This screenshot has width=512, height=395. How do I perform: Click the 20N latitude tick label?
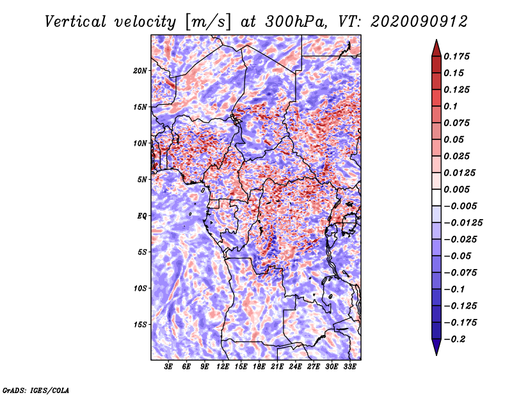click(140, 71)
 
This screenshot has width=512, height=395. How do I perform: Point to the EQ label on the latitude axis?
click(142, 216)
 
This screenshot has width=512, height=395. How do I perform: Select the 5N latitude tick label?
click(142, 180)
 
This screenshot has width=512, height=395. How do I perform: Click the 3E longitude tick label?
click(168, 366)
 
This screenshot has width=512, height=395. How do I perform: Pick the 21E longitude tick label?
click(277, 366)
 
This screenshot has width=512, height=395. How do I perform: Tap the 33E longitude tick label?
click(349, 366)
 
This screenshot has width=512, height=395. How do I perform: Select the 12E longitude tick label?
click(223, 366)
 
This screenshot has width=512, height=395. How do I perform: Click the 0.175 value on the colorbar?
click(456, 56)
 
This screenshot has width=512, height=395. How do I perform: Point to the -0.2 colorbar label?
click(454, 339)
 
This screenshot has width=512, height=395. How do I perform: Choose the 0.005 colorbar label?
click(456, 189)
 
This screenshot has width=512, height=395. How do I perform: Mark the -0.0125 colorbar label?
click(463, 223)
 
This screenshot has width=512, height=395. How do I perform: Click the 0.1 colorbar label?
click(451, 106)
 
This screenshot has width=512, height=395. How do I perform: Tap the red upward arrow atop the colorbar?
click(436, 48)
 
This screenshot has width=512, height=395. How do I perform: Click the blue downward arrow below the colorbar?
click(436, 347)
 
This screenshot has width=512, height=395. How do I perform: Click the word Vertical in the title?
click(76, 22)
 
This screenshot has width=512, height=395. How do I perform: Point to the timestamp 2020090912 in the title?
click(419, 22)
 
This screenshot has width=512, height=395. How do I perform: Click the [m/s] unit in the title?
click(208, 22)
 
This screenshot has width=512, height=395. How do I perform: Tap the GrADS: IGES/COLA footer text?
click(36, 391)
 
